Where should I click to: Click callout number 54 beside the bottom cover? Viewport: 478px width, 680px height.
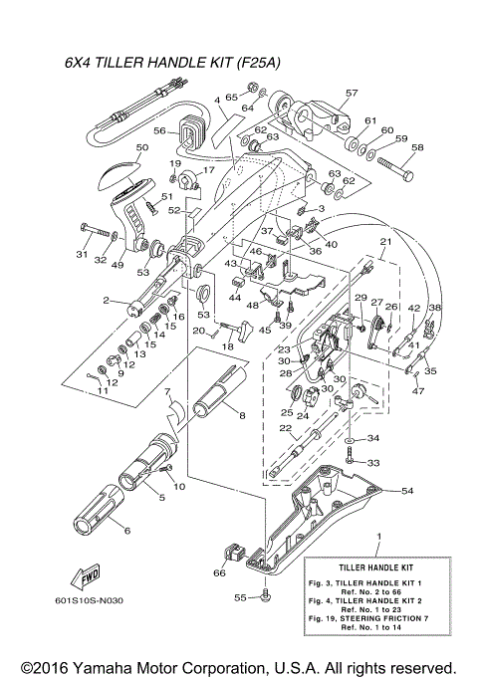pos(406,491)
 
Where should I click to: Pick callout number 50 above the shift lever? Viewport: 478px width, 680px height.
pos(141,147)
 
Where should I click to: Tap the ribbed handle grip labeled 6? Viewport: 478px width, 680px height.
pos(97,513)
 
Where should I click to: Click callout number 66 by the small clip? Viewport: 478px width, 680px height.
pos(219,572)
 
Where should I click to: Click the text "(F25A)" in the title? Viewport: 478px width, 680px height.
pos(257,63)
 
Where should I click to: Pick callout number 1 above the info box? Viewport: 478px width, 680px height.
pos(377,537)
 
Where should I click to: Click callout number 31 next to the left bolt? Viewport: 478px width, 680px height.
pos(82,254)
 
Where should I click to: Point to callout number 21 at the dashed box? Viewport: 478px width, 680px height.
pos(384,242)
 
